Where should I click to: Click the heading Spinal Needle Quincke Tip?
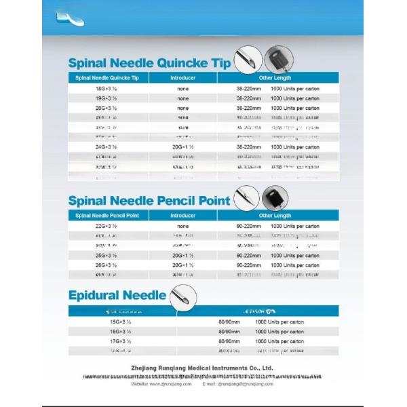(149, 63)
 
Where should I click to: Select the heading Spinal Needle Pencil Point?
(149, 200)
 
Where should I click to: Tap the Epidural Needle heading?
(117, 295)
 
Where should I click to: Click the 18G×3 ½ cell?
(106, 89)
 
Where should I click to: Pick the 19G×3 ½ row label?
(106, 98)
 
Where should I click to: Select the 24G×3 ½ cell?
(106, 147)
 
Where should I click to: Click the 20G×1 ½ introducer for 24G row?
(183, 147)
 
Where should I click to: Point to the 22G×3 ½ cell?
(106, 226)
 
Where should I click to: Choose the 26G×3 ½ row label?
(106, 265)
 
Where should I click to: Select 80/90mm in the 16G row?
(229, 331)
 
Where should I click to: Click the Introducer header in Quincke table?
(183, 78)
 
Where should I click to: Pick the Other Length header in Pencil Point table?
(275, 216)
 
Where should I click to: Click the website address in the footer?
(161, 384)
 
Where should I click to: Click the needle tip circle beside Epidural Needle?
(182, 296)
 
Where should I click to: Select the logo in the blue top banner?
(69, 17)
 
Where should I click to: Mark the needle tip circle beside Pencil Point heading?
(246, 197)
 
